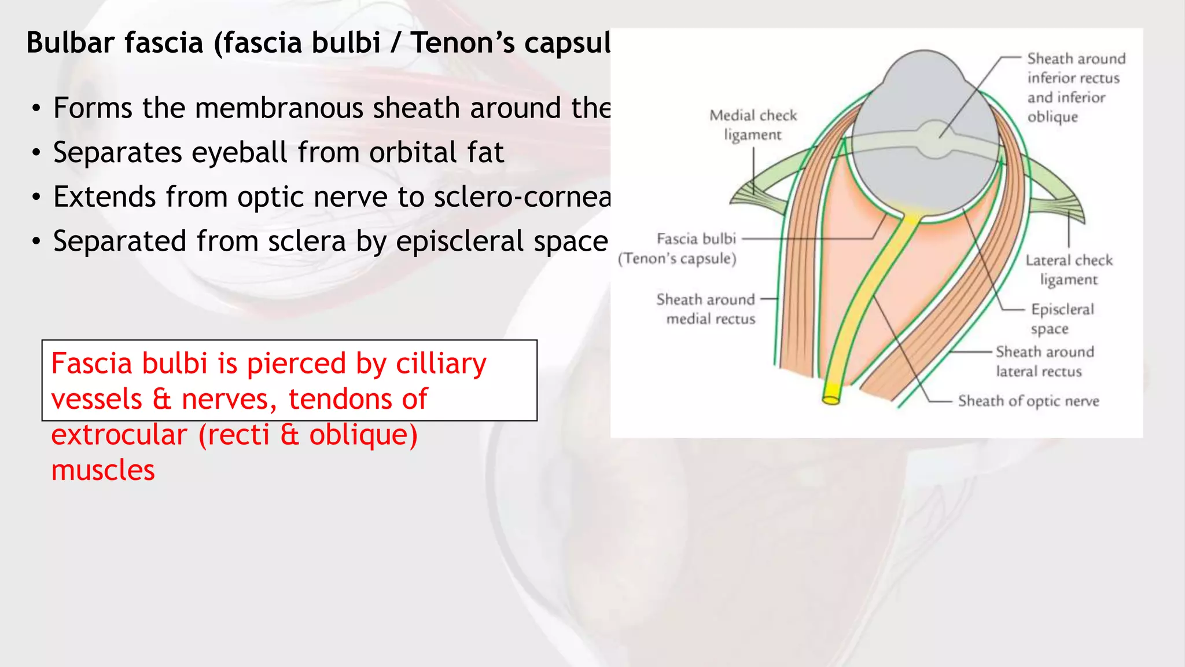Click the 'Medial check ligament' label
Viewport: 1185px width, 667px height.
coord(753,125)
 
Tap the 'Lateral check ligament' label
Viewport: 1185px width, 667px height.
coord(1069,270)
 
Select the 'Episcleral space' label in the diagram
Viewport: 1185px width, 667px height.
coord(1062,319)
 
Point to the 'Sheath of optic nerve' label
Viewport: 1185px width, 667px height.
coord(1028,401)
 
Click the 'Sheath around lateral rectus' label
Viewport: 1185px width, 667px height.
coord(1044,361)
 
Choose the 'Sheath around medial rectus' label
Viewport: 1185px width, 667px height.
coord(706,309)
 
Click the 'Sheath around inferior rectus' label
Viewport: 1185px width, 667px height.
coord(1076,87)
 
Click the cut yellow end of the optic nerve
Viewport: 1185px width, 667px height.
coord(831,400)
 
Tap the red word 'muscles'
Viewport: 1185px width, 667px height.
coord(103,470)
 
